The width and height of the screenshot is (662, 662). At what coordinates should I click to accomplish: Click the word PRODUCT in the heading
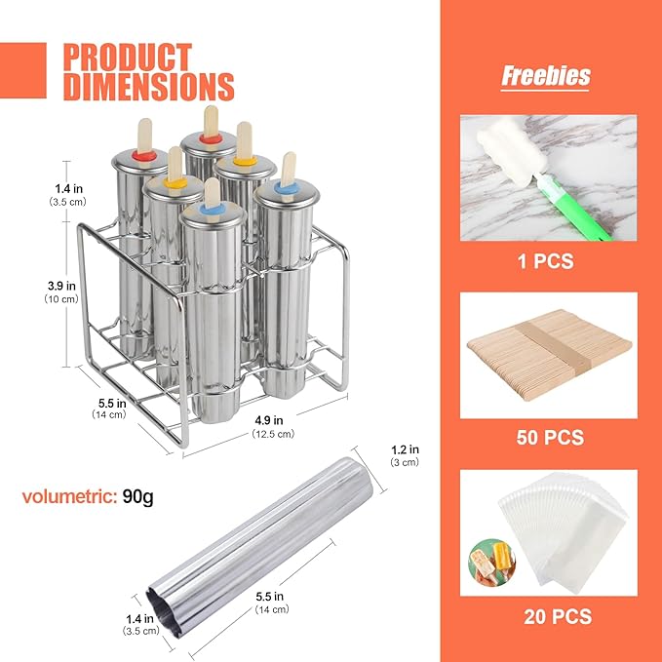[128, 57]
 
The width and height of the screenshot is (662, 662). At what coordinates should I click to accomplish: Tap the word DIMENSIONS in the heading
[148, 87]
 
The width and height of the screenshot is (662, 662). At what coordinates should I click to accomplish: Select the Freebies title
[545, 76]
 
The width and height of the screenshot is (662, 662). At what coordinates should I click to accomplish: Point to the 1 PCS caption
[545, 261]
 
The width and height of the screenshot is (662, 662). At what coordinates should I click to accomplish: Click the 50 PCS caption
[550, 438]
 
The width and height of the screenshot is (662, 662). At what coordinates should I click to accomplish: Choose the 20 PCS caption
[558, 616]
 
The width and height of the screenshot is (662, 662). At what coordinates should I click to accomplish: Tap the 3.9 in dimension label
[61, 286]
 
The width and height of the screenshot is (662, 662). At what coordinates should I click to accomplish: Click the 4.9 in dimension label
[268, 420]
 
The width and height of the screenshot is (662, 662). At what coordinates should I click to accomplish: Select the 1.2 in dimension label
[405, 449]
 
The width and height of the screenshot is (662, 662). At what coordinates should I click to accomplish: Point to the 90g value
[138, 497]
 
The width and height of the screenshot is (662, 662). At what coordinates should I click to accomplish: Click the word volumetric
[69, 496]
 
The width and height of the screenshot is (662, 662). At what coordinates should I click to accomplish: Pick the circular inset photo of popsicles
[492, 563]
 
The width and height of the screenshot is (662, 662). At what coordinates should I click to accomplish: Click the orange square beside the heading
[22, 70]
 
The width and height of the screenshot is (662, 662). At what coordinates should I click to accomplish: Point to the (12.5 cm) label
[273, 434]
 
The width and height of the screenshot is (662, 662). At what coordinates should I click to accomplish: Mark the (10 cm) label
[61, 299]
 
